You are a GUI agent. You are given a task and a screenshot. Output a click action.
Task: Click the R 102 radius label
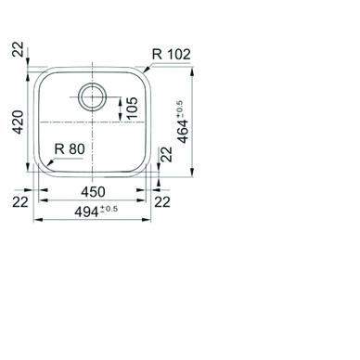[x=172, y=55]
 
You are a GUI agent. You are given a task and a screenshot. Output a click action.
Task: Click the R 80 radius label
[x=70, y=149]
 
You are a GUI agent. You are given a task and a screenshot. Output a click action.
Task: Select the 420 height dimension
[x=18, y=122]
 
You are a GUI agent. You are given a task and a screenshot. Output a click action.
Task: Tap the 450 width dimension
[x=93, y=192]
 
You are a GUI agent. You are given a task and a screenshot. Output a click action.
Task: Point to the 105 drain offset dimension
[x=132, y=108]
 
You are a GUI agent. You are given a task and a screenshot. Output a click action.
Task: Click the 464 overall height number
[x=183, y=132]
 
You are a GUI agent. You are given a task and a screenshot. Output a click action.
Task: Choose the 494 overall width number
[x=86, y=212]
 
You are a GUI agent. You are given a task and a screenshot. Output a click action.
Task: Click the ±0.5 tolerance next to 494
[x=109, y=209]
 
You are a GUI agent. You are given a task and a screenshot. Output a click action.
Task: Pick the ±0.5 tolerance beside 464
[x=180, y=109]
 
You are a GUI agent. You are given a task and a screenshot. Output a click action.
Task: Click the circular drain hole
[x=93, y=96]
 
